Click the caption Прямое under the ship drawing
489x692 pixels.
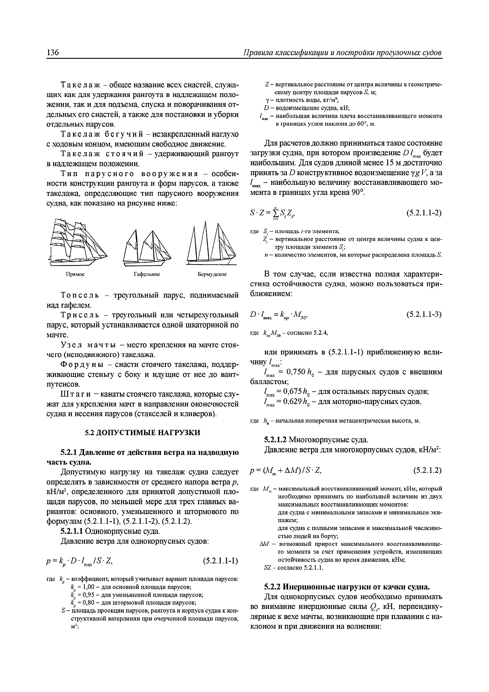point(75,274)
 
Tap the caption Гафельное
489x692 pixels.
point(147,274)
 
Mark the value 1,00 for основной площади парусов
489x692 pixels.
point(89,587)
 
